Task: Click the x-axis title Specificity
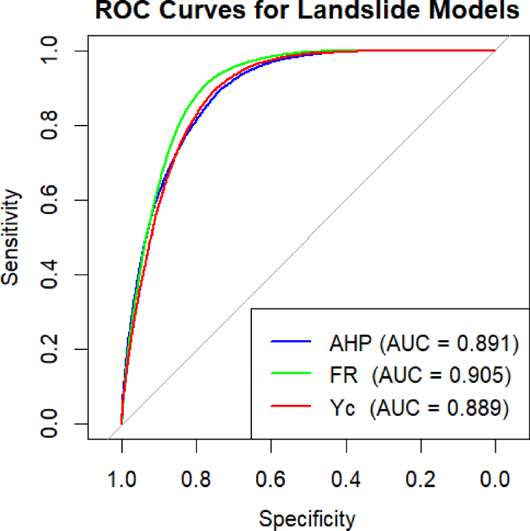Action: click(x=307, y=519)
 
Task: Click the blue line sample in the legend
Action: click(x=290, y=344)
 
